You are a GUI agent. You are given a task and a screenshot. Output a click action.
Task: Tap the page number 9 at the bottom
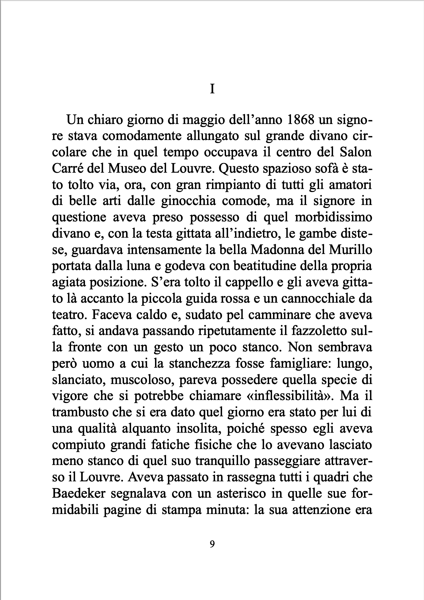[x=212, y=544]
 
